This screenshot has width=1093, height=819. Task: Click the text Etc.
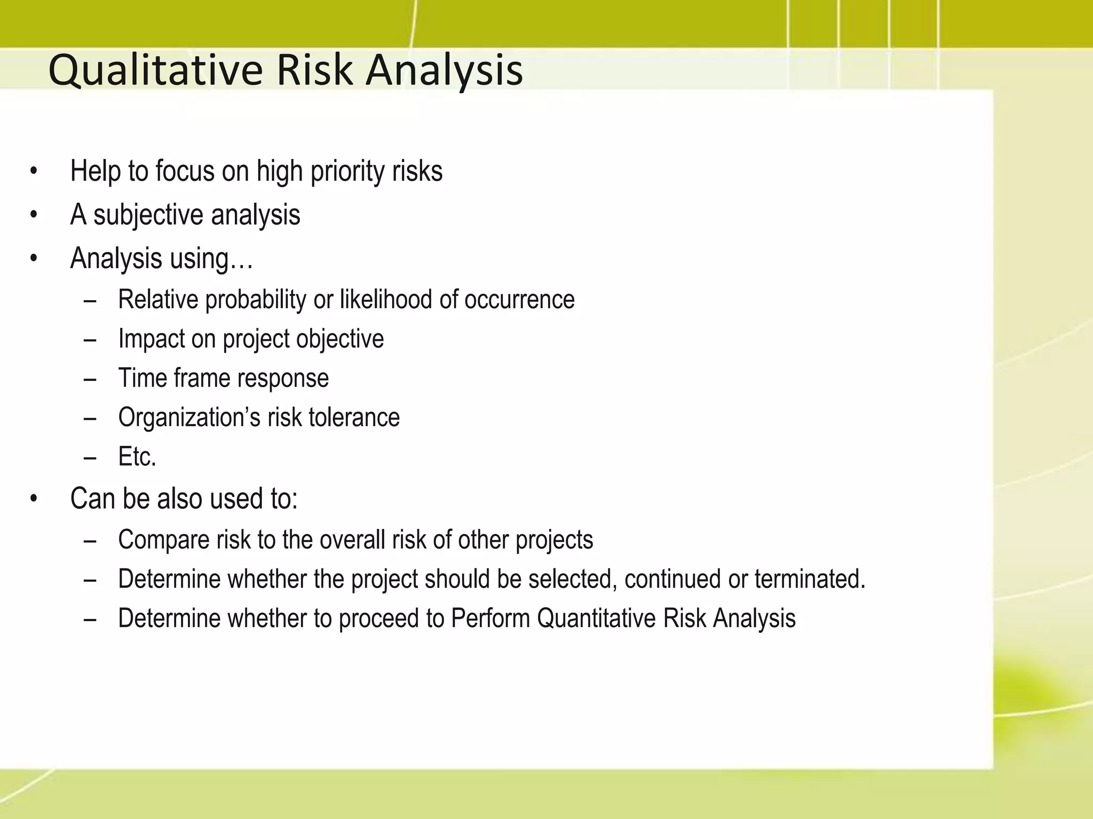tap(137, 457)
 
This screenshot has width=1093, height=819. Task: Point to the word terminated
tap(810, 579)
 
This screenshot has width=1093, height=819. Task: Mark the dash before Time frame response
tap(90, 379)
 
